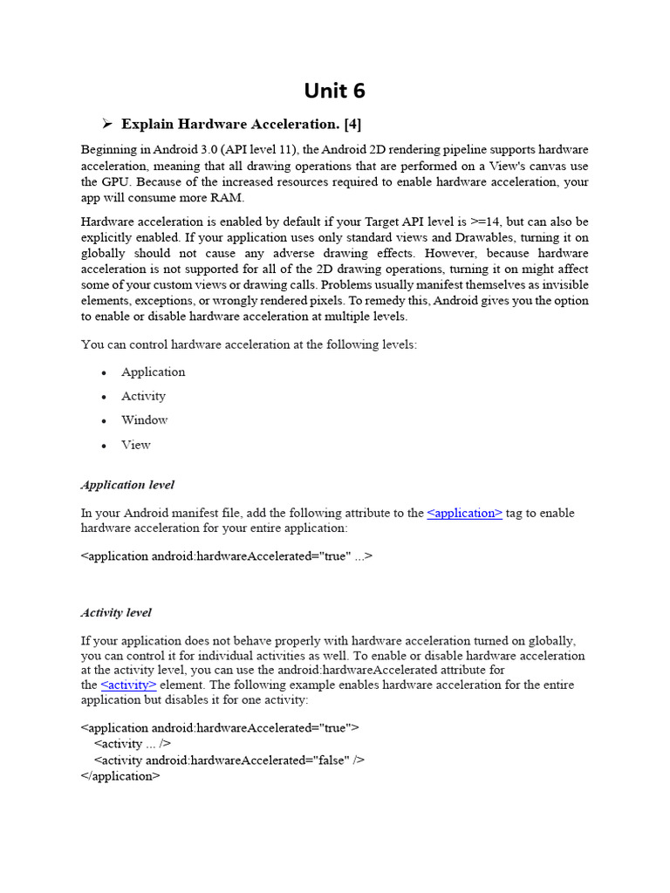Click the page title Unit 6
tap(334, 91)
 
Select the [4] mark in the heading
tap(352, 124)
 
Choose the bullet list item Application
tap(153, 372)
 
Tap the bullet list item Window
tap(144, 419)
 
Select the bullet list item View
tap(135, 444)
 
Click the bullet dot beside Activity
tap(104, 397)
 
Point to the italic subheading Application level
tap(127, 484)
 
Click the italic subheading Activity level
tap(116, 612)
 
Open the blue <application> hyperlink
tap(464, 513)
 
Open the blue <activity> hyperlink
tap(128, 685)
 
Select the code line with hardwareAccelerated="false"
tap(229, 760)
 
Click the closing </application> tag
tap(120, 775)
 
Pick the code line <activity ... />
tap(132, 743)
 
